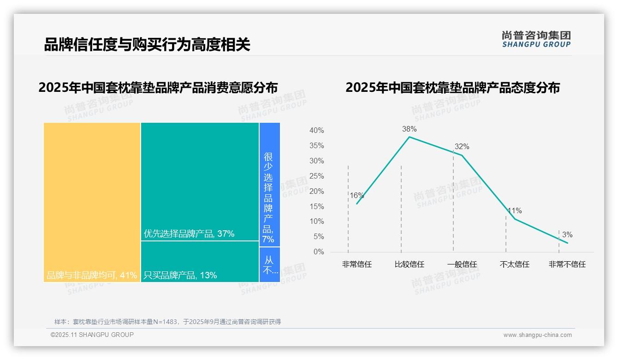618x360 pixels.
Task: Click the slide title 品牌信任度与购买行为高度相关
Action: click(147, 45)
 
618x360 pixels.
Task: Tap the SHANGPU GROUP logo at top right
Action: click(536, 39)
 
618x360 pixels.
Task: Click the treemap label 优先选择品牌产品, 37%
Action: click(189, 234)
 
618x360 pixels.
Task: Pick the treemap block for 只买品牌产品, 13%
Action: click(200, 262)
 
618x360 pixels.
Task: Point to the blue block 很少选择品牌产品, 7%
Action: click(269, 185)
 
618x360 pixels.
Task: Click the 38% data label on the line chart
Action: click(409, 129)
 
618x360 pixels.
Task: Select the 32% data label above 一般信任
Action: click(462, 147)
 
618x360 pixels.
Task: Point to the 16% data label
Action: click(357, 196)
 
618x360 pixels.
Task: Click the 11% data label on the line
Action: click(515, 211)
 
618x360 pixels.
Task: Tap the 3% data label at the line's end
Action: click(567, 235)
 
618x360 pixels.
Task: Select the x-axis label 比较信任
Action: click(409, 264)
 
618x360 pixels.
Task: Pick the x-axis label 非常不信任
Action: click(567, 264)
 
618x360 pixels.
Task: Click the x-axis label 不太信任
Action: click(514, 264)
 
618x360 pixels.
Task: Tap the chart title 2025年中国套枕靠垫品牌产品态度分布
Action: click(452, 88)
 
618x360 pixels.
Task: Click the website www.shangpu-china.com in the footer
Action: click(537, 335)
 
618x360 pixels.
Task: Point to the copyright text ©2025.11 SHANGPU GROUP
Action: click(92, 335)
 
